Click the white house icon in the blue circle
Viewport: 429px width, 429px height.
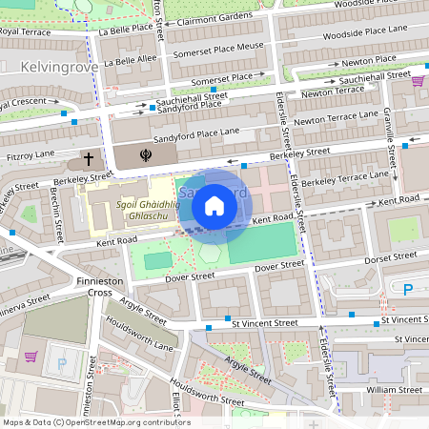point(214,205)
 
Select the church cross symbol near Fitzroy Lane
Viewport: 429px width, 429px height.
point(89,158)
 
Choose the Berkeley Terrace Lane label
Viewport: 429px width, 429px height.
point(345,178)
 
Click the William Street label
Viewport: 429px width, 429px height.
point(394,389)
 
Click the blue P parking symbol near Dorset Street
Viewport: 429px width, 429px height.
point(409,290)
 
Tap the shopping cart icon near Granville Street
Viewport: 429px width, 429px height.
point(417,81)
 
